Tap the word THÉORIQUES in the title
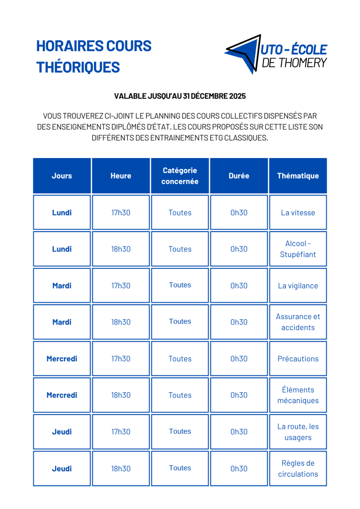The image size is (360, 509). [78, 67]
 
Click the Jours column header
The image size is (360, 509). [62, 176]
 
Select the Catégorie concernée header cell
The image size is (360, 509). [180, 176]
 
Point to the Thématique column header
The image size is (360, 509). [298, 176]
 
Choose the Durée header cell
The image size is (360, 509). [239, 176]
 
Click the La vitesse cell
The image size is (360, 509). [298, 213]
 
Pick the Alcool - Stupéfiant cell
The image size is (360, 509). [298, 249]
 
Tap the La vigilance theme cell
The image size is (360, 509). [298, 286]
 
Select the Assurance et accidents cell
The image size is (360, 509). [298, 322]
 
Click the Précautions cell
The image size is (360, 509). [298, 359]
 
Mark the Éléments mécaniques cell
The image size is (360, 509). [298, 395]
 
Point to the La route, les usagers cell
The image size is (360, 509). [298, 432]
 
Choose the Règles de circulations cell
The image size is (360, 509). [298, 469]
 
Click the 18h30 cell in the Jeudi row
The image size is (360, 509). [121, 469]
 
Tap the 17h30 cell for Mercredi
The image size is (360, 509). [121, 359]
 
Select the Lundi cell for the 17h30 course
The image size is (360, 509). [62, 213]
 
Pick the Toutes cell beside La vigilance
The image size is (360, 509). [180, 285]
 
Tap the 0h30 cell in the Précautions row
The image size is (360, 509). [239, 359]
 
